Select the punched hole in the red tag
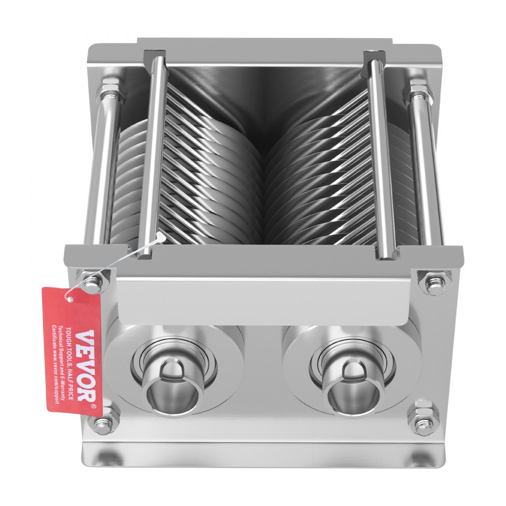[70, 300]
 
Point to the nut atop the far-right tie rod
[418, 92]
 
